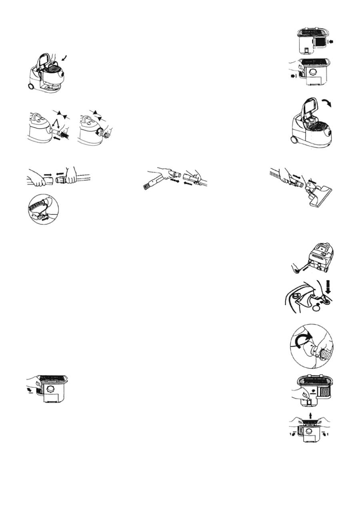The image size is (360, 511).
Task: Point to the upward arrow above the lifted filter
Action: coord(310,417)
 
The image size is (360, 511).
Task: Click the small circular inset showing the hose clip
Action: coord(43,210)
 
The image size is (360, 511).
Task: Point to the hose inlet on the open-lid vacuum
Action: coord(329,132)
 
